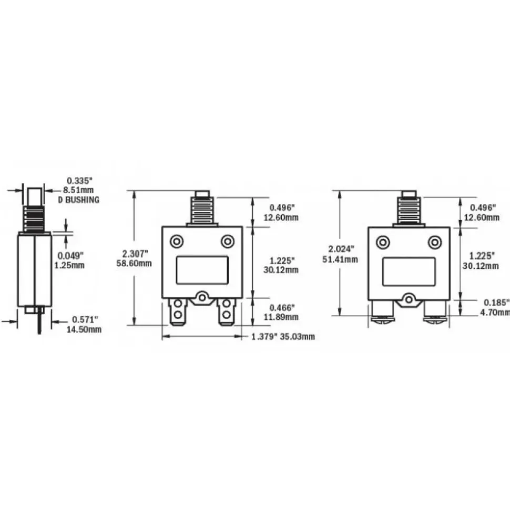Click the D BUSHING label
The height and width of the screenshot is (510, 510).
pyautogui.click(x=79, y=200)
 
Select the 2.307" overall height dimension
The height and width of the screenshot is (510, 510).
pyautogui.click(x=135, y=253)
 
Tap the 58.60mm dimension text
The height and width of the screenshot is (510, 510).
pyautogui.click(x=134, y=263)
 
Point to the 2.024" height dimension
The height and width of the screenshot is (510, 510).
pyautogui.click(x=341, y=249)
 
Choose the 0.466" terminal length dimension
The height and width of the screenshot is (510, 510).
pyautogui.click(x=282, y=307)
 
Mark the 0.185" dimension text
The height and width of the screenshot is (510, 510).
pyautogui.click(x=496, y=303)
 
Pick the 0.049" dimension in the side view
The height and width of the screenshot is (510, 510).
pyautogui.click(x=70, y=256)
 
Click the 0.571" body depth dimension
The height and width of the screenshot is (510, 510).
pyautogui.click(x=85, y=320)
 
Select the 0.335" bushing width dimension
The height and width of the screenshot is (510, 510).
pyautogui.click(x=80, y=181)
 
